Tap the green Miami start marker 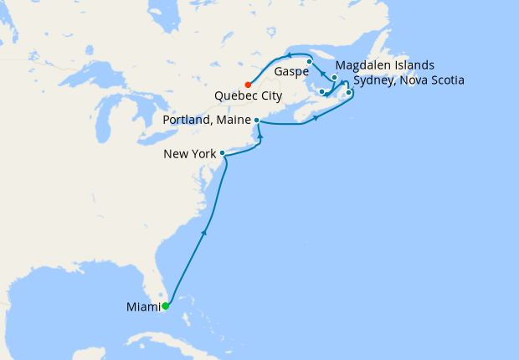coord(165,306)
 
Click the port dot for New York coord(222,153)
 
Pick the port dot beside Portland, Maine coord(256,121)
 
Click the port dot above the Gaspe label coord(309,61)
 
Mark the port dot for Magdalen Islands coord(335,78)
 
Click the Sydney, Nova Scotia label coord(409,80)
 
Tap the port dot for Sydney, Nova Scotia coord(348,92)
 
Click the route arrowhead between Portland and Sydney coord(316,118)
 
